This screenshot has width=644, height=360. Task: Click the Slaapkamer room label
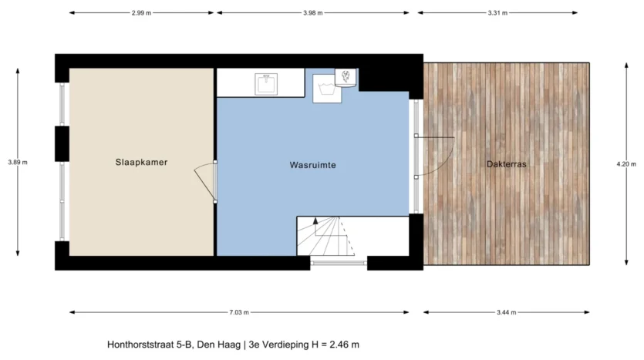[141, 162]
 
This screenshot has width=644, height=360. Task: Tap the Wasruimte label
[312, 165]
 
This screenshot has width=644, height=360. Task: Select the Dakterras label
[507, 164]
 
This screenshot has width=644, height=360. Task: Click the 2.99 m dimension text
[141, 13]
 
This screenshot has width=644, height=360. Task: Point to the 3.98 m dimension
[313, 13]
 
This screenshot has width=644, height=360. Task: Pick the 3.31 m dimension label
[497, 13]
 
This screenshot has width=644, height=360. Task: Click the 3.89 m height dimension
[18, 162]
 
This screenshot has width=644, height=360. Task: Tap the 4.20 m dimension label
[626, 164]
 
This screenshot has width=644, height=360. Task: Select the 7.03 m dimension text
[239, 312]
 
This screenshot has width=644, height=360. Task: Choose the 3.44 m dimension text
[507, 312]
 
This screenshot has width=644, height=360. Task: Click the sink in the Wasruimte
[266, 84]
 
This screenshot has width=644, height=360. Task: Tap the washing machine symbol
[327, 89]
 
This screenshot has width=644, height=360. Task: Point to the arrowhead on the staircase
[315, 220]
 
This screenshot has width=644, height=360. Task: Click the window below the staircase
[339, 263]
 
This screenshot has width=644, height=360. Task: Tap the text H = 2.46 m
[335, 345]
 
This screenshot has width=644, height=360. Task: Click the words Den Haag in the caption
[219, 345]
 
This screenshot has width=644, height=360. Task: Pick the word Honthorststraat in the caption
[141, 345]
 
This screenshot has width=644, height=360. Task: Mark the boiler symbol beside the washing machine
[346, 78]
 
